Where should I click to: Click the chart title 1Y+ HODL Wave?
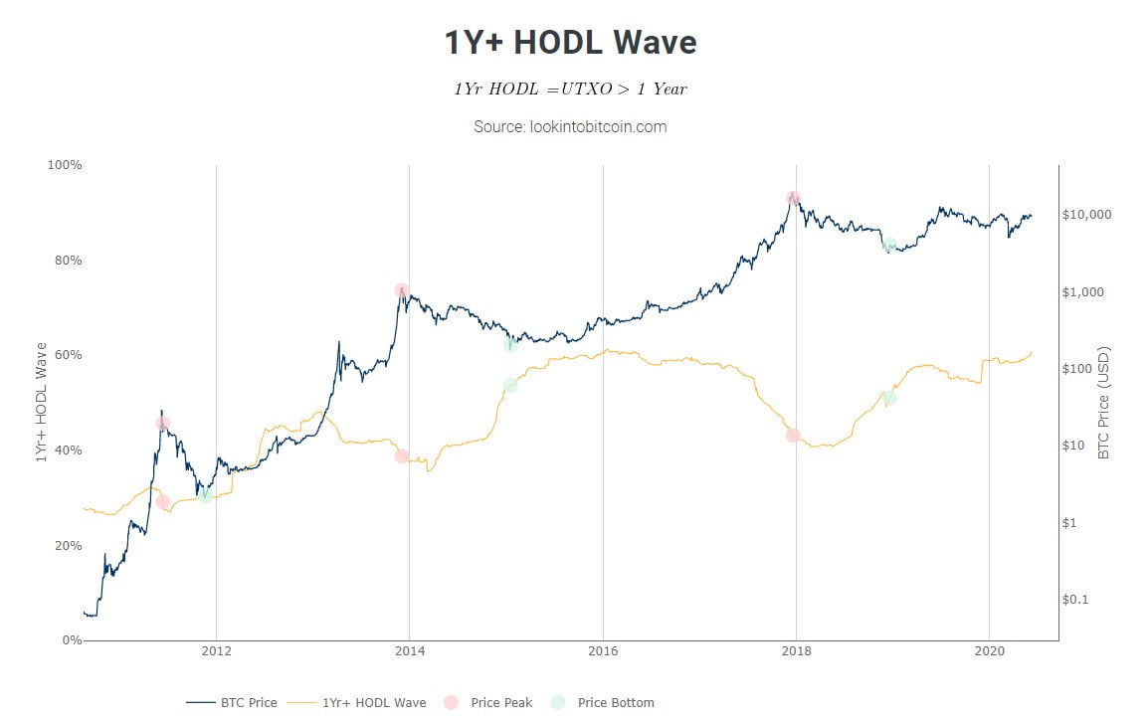(x=570, y=43)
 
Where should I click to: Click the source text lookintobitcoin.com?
(x=570, y=126)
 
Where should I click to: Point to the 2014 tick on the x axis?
(x=409, y=652)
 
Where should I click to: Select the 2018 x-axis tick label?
(x=796, y=652)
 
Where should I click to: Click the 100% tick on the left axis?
(x=66, y=165)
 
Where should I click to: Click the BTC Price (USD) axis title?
(x=1103, y=404)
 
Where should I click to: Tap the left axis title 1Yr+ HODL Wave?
(x=42, y=402)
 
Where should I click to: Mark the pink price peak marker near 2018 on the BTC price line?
(x=793, y=199)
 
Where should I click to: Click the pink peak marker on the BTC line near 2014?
(x=402, y=290)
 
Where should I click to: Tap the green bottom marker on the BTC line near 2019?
(x=889, y=245)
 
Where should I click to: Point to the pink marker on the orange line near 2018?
(x=793, y=436)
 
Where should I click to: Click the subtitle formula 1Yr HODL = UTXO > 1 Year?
(x=570, y=89)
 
